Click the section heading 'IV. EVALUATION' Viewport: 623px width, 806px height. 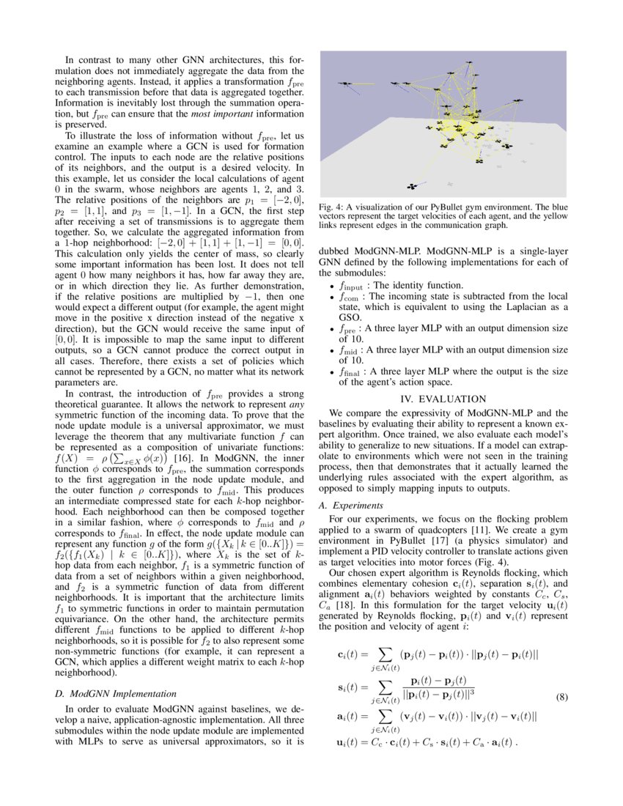(443, 399)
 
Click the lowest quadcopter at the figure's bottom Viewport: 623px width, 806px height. (412, 187)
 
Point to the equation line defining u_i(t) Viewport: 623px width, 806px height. (427, 742)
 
